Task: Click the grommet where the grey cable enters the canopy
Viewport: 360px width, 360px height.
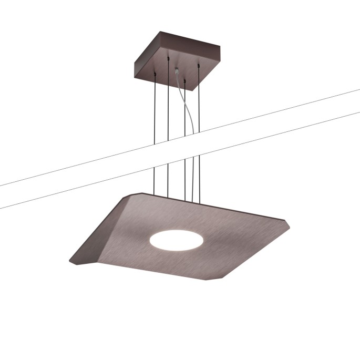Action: tap(176, 68)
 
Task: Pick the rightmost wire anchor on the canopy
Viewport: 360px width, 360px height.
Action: tap(199, 65)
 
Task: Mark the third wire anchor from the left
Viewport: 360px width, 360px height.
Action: tap(185, 79)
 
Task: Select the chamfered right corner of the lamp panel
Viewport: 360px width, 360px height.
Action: tap(288, 223)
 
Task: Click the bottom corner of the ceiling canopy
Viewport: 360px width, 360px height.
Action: tap(194, 90)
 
